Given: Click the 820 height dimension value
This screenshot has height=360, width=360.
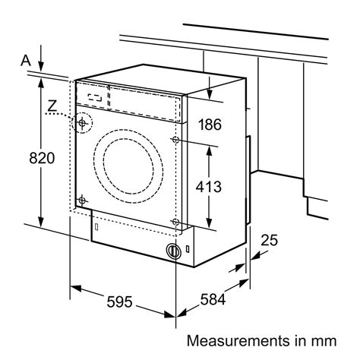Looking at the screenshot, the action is coord(42,158).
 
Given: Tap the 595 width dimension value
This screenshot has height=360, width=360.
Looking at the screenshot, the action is coord(119,302).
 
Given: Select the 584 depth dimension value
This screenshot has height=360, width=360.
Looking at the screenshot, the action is coord(213,300).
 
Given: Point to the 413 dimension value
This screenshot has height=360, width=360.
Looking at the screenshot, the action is coord(209,187).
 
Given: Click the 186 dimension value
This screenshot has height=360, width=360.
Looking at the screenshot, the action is coord(210,125).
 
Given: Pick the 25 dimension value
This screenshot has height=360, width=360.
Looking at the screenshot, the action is coord(269,240).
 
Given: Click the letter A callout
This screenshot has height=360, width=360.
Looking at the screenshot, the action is coord(26,61).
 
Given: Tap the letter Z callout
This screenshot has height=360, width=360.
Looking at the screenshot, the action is coord(52,106).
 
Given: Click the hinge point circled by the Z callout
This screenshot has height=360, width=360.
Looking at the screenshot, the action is coord(82,123).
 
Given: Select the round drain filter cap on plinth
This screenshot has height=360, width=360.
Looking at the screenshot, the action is coord(173,251).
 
